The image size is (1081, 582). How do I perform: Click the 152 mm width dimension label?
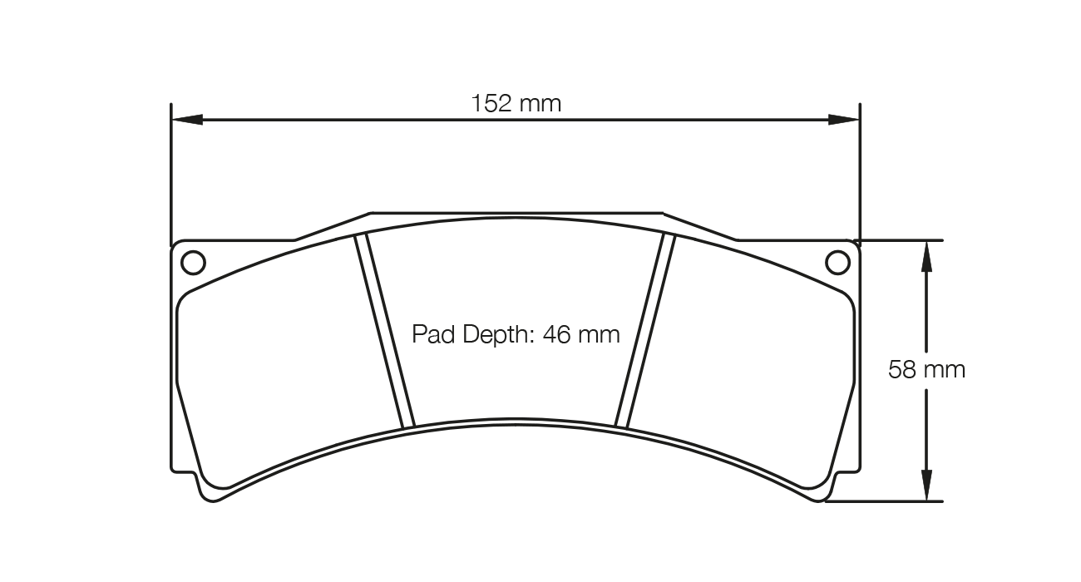point(516,103)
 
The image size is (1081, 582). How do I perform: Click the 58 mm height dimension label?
point(926,369)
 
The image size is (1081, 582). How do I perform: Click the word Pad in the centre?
point(431,334)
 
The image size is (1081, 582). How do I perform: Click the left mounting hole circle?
point(192,263)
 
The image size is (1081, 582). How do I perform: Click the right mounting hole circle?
point(838,263)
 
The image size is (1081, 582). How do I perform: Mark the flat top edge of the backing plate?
point(516,212)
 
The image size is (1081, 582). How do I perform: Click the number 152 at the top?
point(492,103)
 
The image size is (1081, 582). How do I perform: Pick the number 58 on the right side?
point(901,369)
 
